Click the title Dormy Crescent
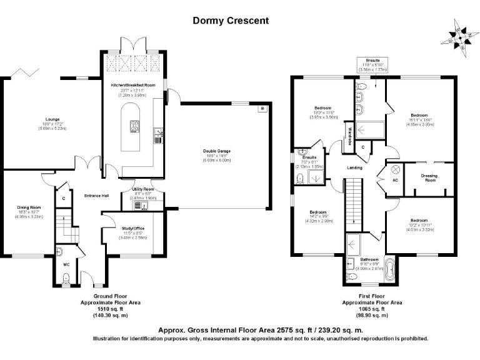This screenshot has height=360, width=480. tap(231, 21)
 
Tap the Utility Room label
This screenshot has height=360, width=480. tap(142, 189)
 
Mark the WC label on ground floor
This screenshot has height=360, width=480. tap(66, 264)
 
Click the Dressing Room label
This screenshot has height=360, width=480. tap(429, 178)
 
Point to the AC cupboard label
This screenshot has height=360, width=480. tap(394, 180)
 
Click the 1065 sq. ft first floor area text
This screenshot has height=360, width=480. tap(373, 309)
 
